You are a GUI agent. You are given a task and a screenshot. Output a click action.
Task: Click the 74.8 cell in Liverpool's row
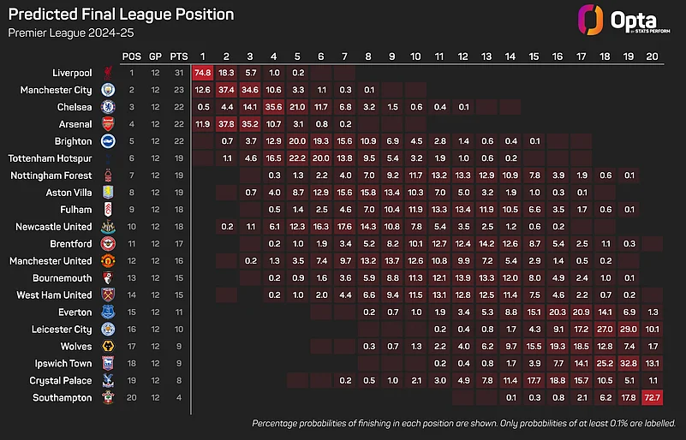(x=203, y=73)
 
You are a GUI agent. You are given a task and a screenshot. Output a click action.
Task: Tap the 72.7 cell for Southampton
(x=652, y=398)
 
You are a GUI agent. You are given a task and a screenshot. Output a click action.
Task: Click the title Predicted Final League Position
(x=121, y=15)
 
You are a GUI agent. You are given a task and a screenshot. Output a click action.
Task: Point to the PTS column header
(x=179, y=56)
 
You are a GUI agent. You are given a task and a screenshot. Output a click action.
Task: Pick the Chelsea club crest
(x=108, y=107)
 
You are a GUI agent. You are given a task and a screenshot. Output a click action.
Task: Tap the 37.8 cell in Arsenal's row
(x=227, y=124)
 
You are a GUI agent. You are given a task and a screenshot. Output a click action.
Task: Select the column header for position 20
(x=652, y=56)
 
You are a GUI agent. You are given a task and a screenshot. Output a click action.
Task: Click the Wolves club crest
(x=108, y=347)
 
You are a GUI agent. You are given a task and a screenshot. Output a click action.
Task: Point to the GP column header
(x=155, y=56)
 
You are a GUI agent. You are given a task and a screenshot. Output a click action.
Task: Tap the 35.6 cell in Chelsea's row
(x=274, y=107)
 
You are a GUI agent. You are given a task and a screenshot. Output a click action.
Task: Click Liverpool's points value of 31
(x=179, y=73)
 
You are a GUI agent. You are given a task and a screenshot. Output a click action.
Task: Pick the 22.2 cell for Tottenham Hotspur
(x=298, y=158)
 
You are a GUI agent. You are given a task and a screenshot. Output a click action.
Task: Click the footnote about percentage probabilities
(x=463, y=424)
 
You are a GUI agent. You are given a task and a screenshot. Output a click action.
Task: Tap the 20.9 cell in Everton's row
(x=581, y=312)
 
